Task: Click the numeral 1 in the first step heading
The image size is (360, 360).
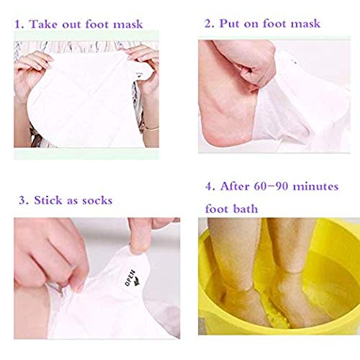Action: pyautogui.click(x=20, y=24)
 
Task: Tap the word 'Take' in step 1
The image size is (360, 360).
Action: pyautogui.click(x=47, y=24)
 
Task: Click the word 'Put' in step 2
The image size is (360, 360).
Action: pyautogui.click(x=231, y=24)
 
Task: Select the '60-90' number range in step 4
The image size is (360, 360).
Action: pyautogui.click(x=276, y=187)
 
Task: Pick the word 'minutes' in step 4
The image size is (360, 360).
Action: pyautogui.click(x=320, y=187)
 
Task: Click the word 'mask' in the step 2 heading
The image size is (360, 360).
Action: pyautogui.click(x=304, y=24)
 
